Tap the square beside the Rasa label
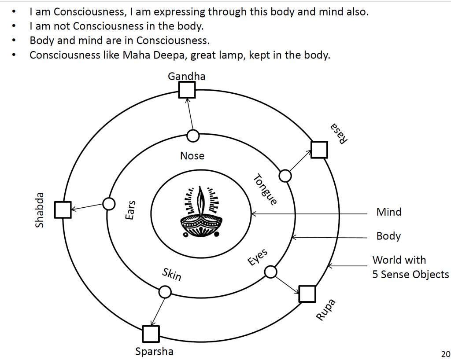[319, 150]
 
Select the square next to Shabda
[63, 210]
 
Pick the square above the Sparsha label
[151, 334]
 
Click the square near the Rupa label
[307, 294]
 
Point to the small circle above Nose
[193, 136]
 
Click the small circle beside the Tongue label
[285, 176]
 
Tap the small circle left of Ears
[108, 204]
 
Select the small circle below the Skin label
[165, 292]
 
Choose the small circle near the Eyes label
[270, 272]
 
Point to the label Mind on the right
[389, 212]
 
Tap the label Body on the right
[388, 236]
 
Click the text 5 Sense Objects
[410, 275]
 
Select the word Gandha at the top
[187, 76]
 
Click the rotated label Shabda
[40, 210]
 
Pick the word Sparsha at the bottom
[154, 352]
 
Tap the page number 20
[445, 353]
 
